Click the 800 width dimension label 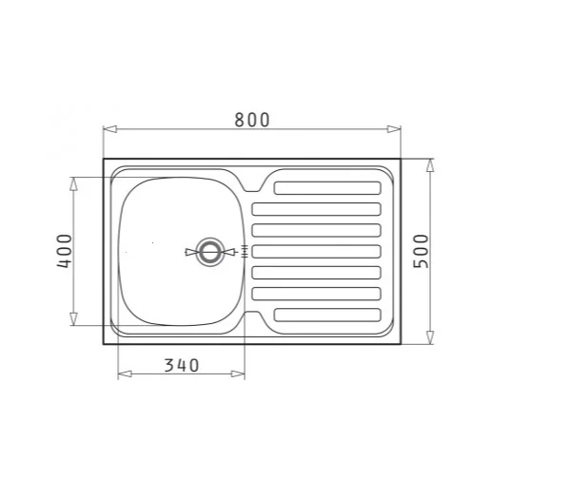252,120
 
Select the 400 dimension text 64,251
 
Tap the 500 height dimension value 423,251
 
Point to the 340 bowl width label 181,365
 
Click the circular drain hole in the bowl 209,252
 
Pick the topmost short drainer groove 326,188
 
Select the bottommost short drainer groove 326,314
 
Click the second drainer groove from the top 316,209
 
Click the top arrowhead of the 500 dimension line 430,164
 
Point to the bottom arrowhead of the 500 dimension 430,337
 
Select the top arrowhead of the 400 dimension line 73,182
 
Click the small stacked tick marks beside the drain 245,252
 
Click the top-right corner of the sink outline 401,158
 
